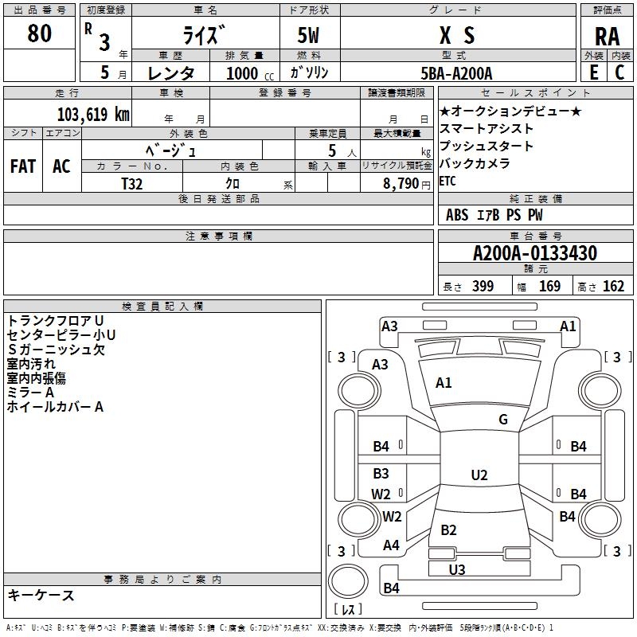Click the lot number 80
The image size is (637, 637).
[x=39, y=34]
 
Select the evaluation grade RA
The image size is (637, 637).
[x=607, y=36]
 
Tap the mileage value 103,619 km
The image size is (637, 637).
[x=93, y=114]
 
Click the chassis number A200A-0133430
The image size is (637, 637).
[x=534, y=254]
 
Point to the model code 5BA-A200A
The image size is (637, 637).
[x=456, y=73]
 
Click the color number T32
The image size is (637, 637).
[x=132, y=182]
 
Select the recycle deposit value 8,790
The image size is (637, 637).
[x=401, y=182]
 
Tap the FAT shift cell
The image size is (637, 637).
[x=22, y=166]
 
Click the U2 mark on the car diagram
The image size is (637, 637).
[x=479, y=475]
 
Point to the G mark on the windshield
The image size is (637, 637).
[x=503, y=420]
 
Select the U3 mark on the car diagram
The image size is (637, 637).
[x=457, y=569]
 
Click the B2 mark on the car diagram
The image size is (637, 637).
[x=448, y=530]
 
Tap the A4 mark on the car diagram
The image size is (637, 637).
[x=391, y=545]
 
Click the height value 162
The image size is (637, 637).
[x=613, y=287]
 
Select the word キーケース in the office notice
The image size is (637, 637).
[x=41, y=595]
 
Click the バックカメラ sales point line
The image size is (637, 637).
[x=475, y=164]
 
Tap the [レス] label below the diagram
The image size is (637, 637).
[x=347, y=610]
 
